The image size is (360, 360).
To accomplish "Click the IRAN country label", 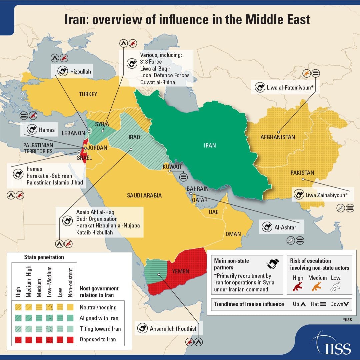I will click(210, 145).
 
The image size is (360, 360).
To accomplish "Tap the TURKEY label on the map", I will click(88, 94).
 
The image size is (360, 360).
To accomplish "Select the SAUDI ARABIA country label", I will click(144, 195).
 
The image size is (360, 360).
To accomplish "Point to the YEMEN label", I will click(181, 271).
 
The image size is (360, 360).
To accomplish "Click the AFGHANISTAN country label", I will click(278, 137).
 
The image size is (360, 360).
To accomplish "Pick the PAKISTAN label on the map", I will click(302, 173).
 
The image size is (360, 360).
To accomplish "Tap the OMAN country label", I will click(233, 234).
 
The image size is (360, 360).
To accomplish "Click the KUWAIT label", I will click(172, 167).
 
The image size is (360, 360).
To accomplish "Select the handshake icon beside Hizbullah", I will click(62, 71).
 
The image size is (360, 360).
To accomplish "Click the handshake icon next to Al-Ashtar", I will click(267, 227).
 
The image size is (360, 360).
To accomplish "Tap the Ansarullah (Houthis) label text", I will click(172, 329).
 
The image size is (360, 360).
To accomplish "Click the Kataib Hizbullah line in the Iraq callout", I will click(95, 232).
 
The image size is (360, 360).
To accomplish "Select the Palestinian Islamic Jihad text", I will click(55, 182).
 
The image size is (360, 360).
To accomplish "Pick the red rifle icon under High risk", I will click(298, 286).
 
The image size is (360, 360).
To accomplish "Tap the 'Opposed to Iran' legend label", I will click(98, 339).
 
